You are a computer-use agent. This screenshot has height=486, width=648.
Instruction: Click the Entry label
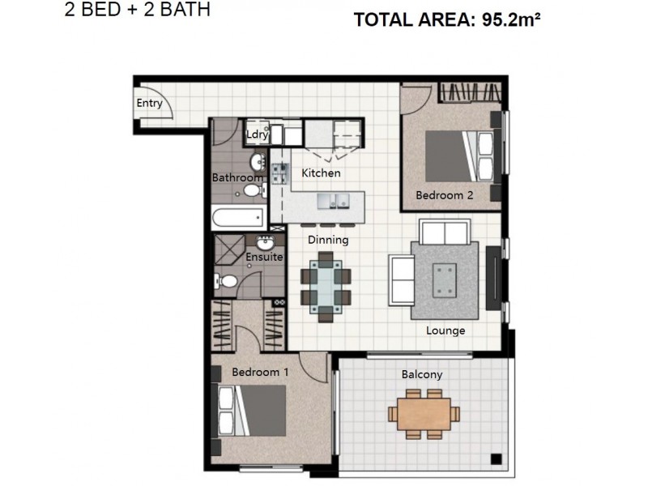pyautogui.click(x=149, y=103)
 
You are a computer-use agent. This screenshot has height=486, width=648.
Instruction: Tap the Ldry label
pyautogui.click(x=257, y=134)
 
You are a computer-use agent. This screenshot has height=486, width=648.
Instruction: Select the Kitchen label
pyautogui.click(x=321, y=173)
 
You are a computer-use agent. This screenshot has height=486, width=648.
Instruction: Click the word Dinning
pyautogui.click(x=328, y=240)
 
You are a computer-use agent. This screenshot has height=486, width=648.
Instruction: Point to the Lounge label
pyautogui.click(x=446, y=330)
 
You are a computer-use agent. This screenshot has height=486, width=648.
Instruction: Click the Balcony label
pyautogui.click(x=422, y=374)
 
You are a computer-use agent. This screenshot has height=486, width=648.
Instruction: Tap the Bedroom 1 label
pyautogui.click(x=260, y=373)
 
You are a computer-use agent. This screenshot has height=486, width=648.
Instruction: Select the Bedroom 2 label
pyautogui.click(x=444, y=195)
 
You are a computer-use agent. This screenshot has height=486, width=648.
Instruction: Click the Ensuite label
pyautogui.click(x=264, y=257)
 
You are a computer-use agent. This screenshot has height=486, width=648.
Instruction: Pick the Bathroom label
pyautogui.click(x=237, y=177)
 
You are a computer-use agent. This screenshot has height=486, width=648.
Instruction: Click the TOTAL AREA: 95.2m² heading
pyautogui.click(x=446, y=20)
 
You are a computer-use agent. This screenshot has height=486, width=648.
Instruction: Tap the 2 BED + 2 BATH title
pyautogui.click(x=137, y=11)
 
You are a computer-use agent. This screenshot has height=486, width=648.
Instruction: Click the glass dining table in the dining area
pyautogui.click(x=326, y=283)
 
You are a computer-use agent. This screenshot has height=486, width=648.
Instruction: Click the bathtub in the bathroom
pyautogui.click(x=237, y=217)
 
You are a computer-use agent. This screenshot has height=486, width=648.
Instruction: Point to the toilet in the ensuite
pyautogui.click(x=228, y=281)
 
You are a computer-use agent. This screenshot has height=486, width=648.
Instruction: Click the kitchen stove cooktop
pyautogui.click(x=279, y=173)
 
